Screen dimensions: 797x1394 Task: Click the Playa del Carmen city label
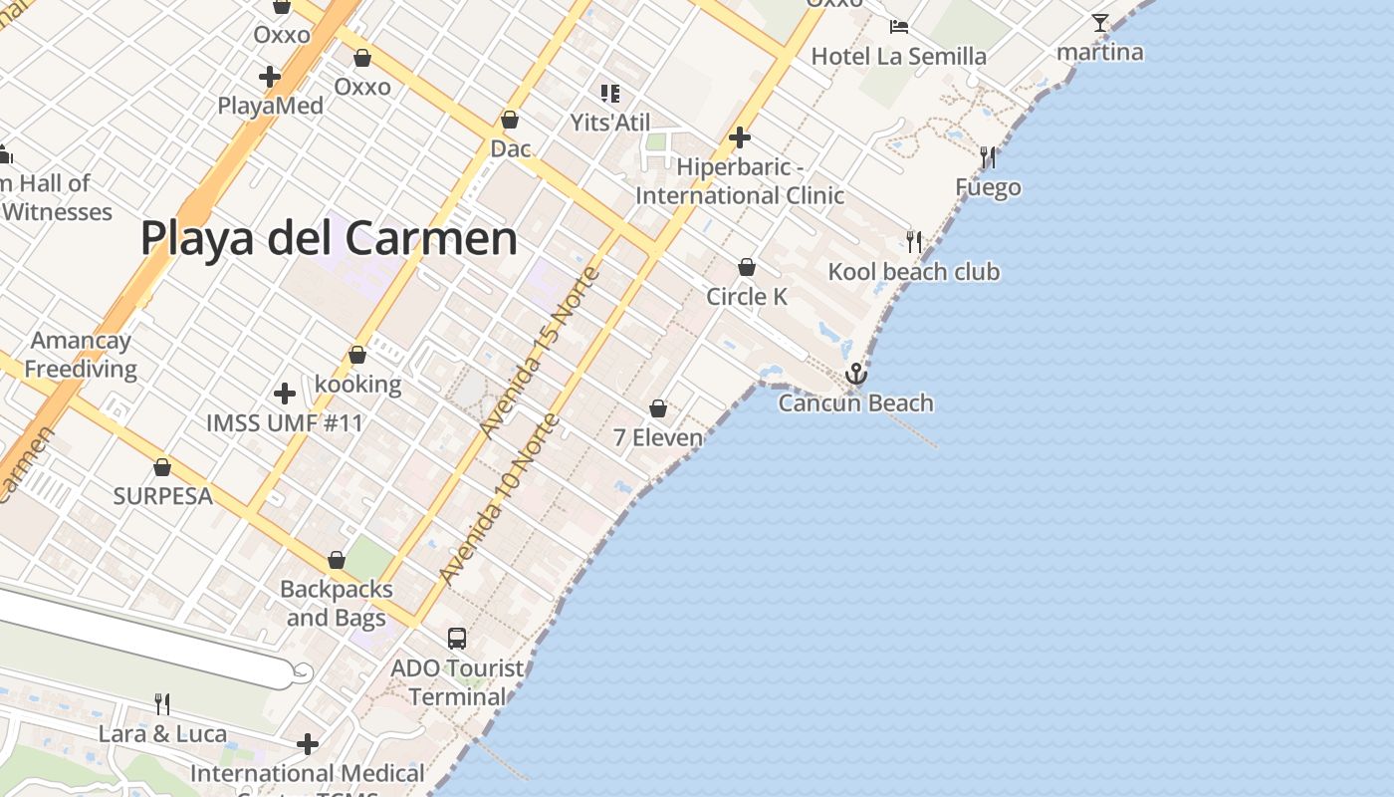329,239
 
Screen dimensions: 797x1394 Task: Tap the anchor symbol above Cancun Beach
855,375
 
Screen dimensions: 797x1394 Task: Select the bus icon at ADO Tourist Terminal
457,639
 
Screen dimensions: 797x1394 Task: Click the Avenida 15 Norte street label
540,353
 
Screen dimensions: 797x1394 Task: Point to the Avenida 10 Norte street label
498,500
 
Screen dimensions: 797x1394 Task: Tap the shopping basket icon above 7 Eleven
657,408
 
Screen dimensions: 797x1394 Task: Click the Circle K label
747,296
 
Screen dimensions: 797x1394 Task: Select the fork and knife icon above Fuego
988,156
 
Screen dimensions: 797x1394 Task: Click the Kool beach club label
914,272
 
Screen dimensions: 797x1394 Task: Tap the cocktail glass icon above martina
1099,23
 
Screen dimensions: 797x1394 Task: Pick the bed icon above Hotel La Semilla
899,26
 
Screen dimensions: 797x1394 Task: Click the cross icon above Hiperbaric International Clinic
739,137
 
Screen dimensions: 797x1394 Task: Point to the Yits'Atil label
610,123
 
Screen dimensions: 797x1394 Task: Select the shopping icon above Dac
510,120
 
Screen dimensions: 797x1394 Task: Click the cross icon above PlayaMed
269,76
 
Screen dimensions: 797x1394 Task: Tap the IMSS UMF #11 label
285,422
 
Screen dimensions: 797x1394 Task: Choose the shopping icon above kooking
357,355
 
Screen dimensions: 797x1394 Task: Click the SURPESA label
163,495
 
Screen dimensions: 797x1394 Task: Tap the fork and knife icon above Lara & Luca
162,704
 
